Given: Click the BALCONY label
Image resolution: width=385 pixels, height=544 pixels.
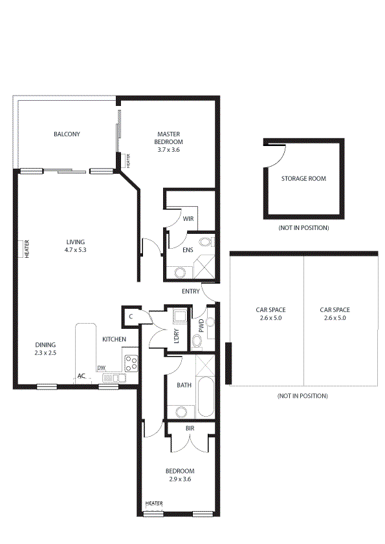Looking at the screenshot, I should click(67, 134).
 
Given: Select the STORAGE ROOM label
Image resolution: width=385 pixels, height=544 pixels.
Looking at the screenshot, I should click(303, 178).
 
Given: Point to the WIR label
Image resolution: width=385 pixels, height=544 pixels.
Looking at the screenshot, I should click(188, 219).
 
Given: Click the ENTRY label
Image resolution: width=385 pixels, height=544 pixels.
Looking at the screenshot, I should click(190, 291).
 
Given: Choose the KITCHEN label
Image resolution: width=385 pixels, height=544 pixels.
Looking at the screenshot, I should click(114, 339).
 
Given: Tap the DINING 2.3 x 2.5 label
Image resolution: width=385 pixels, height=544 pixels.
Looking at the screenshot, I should click(45, 349).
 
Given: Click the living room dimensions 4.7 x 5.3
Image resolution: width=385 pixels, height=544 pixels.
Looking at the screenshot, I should click(75, 249).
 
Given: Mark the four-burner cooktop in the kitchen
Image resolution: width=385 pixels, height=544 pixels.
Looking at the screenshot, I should click(131, 362).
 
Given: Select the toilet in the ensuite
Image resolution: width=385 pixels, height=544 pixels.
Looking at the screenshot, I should click(205, 243).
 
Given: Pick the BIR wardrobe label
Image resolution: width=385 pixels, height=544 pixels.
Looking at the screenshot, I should click(190, 428).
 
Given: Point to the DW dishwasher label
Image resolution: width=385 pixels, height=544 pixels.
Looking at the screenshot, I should click(101, 368).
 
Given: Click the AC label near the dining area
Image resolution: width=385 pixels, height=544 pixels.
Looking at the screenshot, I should click(82, 375).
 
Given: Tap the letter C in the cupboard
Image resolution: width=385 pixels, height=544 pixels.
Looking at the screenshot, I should click(130, 316).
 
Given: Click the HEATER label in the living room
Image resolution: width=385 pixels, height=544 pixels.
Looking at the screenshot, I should click(27, 249).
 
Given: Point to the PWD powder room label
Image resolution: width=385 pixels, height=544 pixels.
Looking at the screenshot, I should click(201, 326).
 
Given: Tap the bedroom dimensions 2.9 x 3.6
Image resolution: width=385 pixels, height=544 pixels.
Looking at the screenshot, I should click(179, 479).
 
